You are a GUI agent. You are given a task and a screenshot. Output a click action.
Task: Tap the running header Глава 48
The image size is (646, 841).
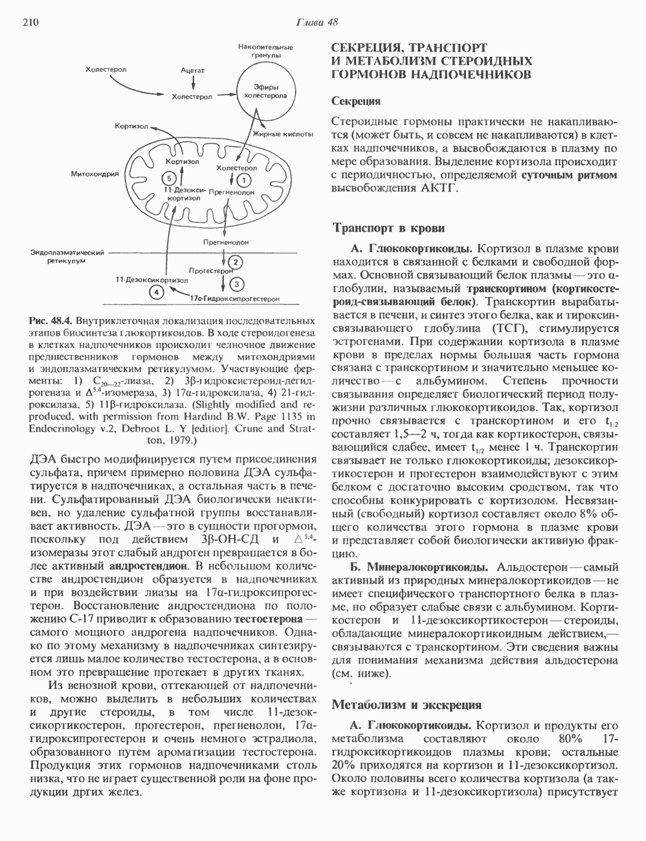pos(317,22)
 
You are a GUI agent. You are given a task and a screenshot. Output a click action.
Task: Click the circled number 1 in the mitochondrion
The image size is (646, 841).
pos(244,179)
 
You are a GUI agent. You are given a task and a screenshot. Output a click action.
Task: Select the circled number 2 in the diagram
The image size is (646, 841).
pos(236,261)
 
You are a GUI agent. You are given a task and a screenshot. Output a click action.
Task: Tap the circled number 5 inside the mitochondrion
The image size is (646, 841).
pos(170,178)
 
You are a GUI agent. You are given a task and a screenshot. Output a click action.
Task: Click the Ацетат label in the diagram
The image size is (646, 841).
pos(193,69)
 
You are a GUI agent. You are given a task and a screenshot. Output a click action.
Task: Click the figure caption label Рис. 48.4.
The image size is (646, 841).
pos(51,321)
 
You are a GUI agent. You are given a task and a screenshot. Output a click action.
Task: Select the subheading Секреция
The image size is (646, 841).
pos(355,102)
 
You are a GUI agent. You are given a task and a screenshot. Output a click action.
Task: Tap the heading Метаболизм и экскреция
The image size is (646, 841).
pos(406,704)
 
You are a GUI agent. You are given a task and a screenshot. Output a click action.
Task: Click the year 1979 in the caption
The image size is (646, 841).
pos(182,441)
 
